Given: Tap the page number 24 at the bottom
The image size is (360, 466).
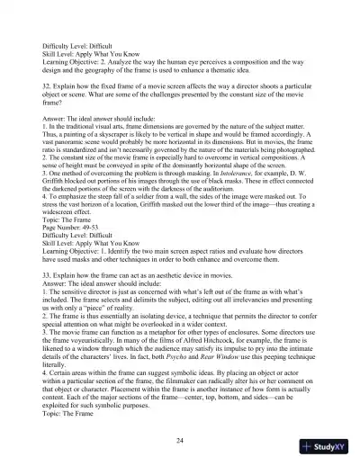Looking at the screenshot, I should point(180,438).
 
